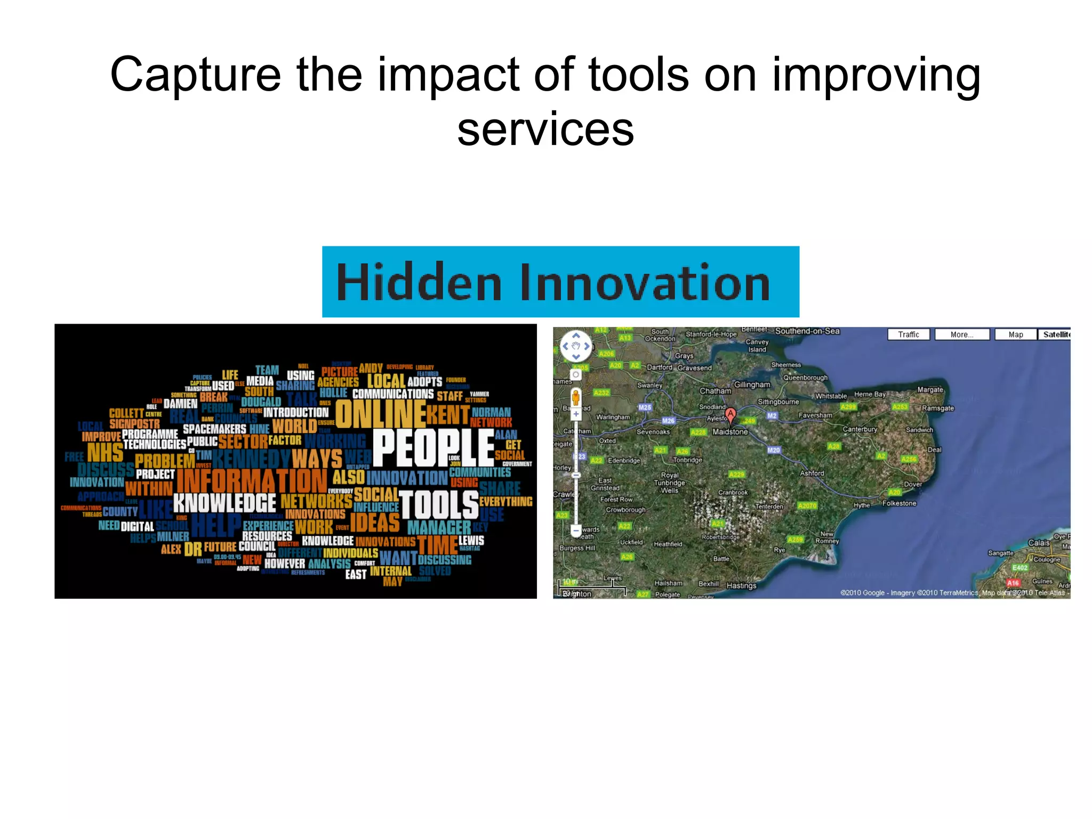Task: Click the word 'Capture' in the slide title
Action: click(x=195, y=75)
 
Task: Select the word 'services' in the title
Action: click(x=545, y=130)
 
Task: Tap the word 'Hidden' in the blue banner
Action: click(x=419, y=283)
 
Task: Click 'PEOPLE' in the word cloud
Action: click(x=433, y=448)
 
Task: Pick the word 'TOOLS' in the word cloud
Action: click(x=438, y=504)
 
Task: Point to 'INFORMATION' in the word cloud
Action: click(x=252, y=480)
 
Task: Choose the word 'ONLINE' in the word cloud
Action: click(x=380, y=413)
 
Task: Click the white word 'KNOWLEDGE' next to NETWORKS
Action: click(x=224, y=503)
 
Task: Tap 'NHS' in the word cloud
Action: click(x=105, y=453)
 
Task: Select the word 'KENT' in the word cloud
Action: click(x=447, y=414)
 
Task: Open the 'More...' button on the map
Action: click(x=962, y=334)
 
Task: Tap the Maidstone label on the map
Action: click(x=730, y=432)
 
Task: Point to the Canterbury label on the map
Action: click(x=860, y=429)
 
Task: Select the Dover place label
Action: click(x=913, y=484)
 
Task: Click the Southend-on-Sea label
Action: click(x=807, y=331)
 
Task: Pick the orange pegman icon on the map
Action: click(x=575, y=397)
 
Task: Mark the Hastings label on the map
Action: click(x=741, y=585)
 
